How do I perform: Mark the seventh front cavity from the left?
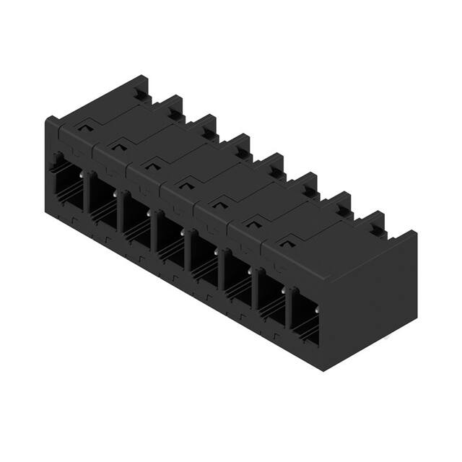[x=271, y=292]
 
